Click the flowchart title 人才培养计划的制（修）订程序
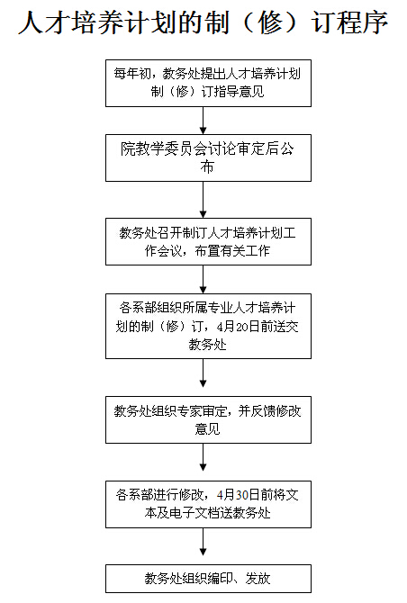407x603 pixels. (x=203, y=22)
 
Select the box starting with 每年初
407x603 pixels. (x=208, y=83)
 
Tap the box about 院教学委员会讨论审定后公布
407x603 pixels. (x=208, y=157)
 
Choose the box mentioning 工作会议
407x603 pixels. (x=208, y=241)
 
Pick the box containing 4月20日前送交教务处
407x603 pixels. (x=208, y=326)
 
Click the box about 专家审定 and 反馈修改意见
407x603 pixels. (x=208, y=419)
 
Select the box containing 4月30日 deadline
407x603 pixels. (x=208, y=504)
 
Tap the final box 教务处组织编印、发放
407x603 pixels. (x=208, y=579)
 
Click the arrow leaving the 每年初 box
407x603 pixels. (x=203, y=121)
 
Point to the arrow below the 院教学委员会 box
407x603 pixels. (x=203, y=200)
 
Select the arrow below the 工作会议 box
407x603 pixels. (x=203, y=280)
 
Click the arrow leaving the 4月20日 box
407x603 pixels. (x=203, y=373)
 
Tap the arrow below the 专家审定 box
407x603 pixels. (x=203, y=457)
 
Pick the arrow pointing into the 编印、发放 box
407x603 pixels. (x=203, y=542)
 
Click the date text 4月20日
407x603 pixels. (x=238, y=327)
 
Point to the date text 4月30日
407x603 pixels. (x=238, y=495)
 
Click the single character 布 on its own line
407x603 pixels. (x=207, y=166)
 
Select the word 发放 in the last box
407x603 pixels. (x=258, y=579)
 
